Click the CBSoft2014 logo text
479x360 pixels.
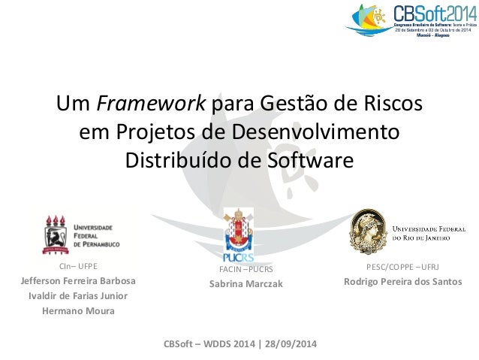[433, 14]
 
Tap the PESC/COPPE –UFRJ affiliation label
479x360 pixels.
[402, 267]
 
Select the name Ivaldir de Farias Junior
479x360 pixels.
[77, 296]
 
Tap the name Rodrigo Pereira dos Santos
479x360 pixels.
[402, 282]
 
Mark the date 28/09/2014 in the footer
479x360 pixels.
[288, 345]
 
